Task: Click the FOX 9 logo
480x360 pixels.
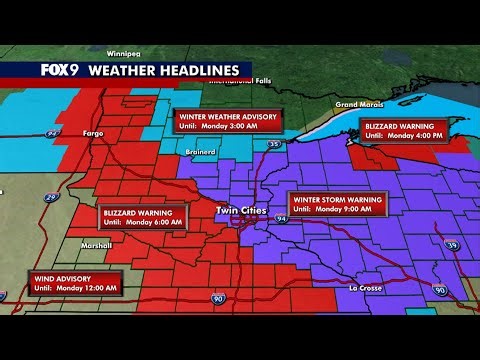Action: [59, 70]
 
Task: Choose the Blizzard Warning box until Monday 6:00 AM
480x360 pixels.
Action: [144, 217]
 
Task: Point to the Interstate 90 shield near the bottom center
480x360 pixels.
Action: [217, 298]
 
